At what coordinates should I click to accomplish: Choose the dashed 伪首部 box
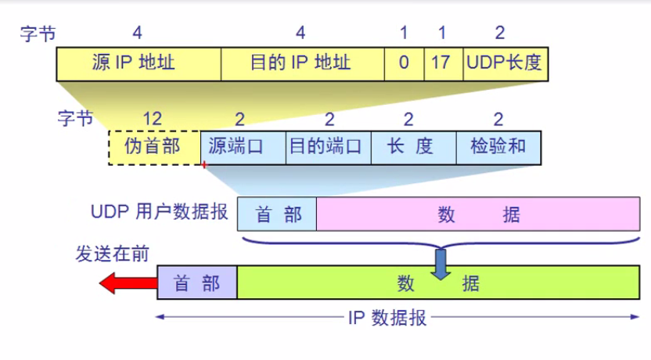point(153,147)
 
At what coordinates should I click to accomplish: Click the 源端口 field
point(243,147)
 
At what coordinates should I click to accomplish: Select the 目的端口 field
point(326,147)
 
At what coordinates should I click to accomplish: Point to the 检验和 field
point(498,147)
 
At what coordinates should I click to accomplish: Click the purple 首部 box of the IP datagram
point(197,283)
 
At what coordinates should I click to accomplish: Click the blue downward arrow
point(443,263)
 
